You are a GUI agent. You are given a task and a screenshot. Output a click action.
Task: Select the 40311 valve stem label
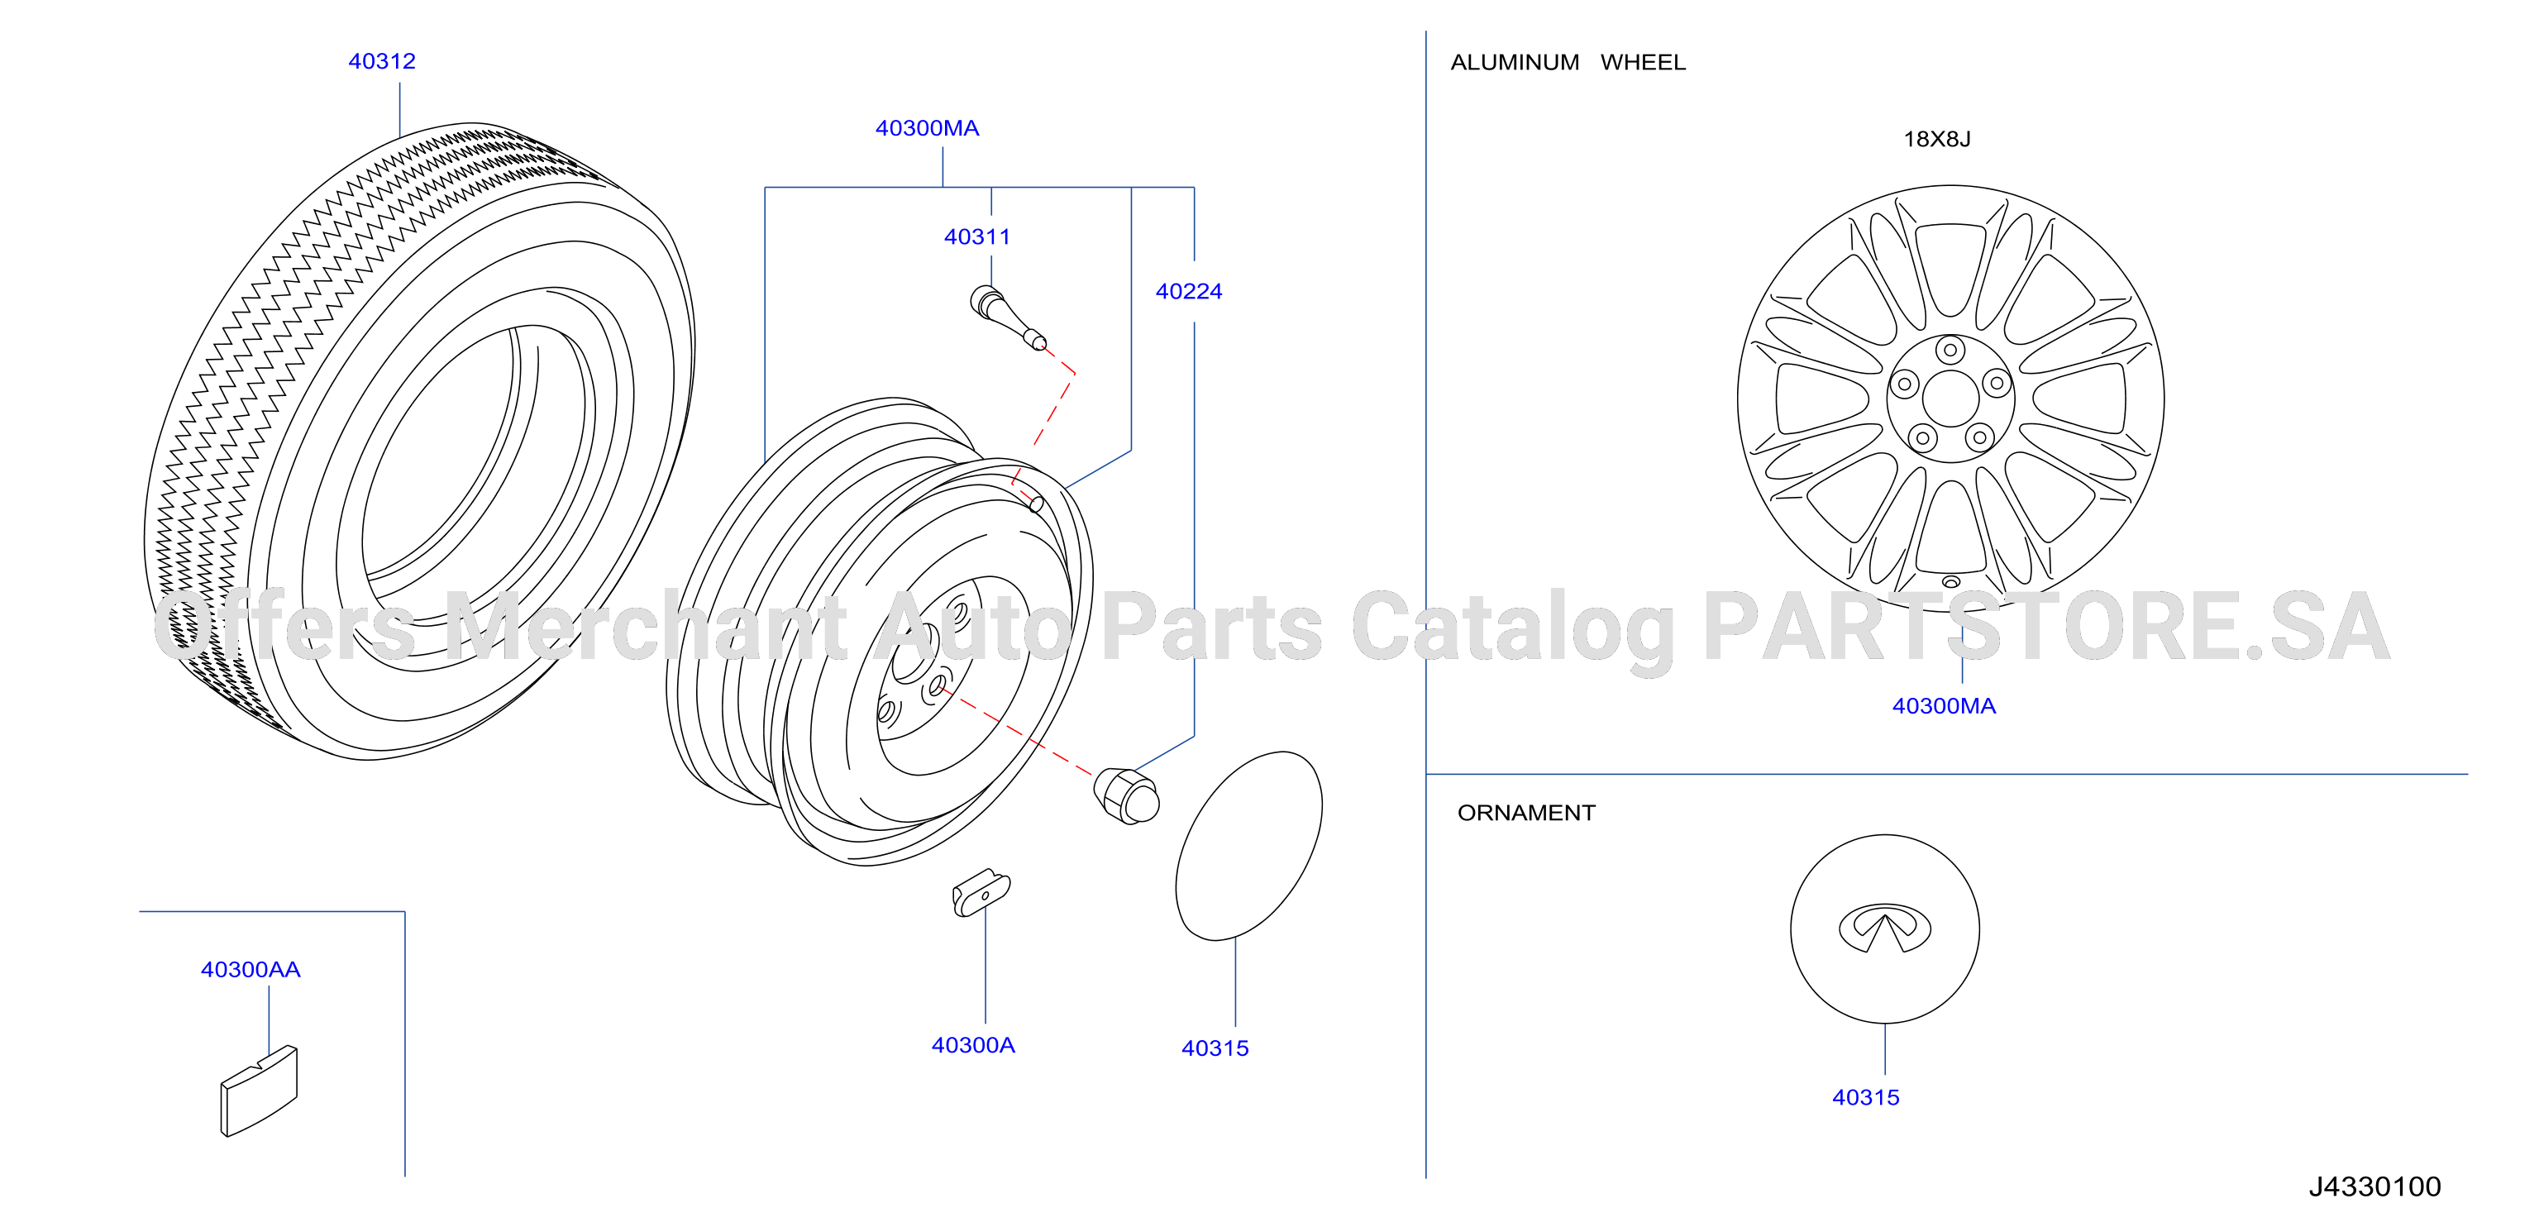(976, 236)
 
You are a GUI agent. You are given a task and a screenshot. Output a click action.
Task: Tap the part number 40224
(1189, 292)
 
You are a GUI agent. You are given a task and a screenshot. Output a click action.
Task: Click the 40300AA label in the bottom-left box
(251, 970)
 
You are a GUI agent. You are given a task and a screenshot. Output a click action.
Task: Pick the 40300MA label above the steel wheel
(928, 129)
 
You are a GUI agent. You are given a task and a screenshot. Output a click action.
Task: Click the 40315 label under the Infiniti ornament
(1865, 1098)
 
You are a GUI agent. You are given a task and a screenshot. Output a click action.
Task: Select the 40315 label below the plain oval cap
(1215, 1048)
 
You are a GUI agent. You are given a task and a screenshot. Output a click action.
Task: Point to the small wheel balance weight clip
(981, 893)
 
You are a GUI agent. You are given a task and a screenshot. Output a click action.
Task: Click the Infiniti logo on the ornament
(1884, 928)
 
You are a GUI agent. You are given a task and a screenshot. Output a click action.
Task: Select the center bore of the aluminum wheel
(1950, 399)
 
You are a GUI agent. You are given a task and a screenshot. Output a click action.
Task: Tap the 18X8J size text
(1937, 139)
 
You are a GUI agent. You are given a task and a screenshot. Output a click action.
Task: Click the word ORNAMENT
(1525, 813)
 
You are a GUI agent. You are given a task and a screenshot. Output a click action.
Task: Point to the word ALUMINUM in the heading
(1515, 63)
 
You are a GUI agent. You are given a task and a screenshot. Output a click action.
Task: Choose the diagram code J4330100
(2374, 1186)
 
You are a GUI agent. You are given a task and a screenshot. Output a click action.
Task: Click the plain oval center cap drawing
(1248, 846)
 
